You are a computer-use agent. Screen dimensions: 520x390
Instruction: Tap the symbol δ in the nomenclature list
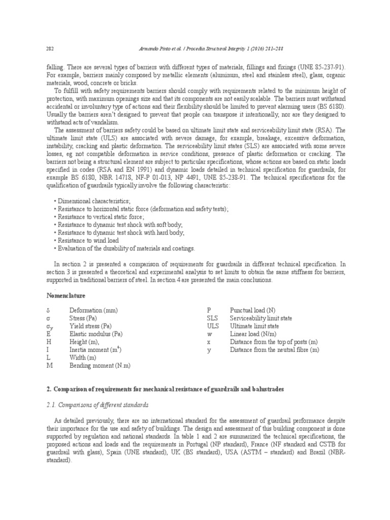pyautogui.click(x=47, y=309)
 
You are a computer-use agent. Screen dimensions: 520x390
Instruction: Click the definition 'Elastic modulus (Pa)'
pyautogui.click(x=96, y=334)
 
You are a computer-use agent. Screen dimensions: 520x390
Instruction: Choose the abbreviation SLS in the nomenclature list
pyautogui.click(x=212, y=317)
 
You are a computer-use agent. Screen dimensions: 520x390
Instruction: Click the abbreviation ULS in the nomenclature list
pyautogui.click(x=212, y=326)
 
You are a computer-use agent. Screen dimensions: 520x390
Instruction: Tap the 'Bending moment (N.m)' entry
pyautogui.click(x=100, y=366)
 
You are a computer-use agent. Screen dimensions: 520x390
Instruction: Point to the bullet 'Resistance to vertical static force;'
pyautogui.click(x=102, y=217)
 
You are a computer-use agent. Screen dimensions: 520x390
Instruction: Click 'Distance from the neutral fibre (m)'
pyautogui.click(x=275, y=350)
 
